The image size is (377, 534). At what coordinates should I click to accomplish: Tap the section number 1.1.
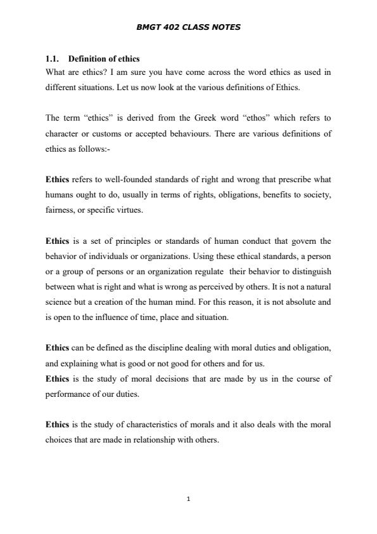click(x=53, y=59)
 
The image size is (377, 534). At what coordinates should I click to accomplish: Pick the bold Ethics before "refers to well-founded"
click(x=58, y=179)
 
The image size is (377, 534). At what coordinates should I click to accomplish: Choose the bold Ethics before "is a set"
click(x=58, y=241)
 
